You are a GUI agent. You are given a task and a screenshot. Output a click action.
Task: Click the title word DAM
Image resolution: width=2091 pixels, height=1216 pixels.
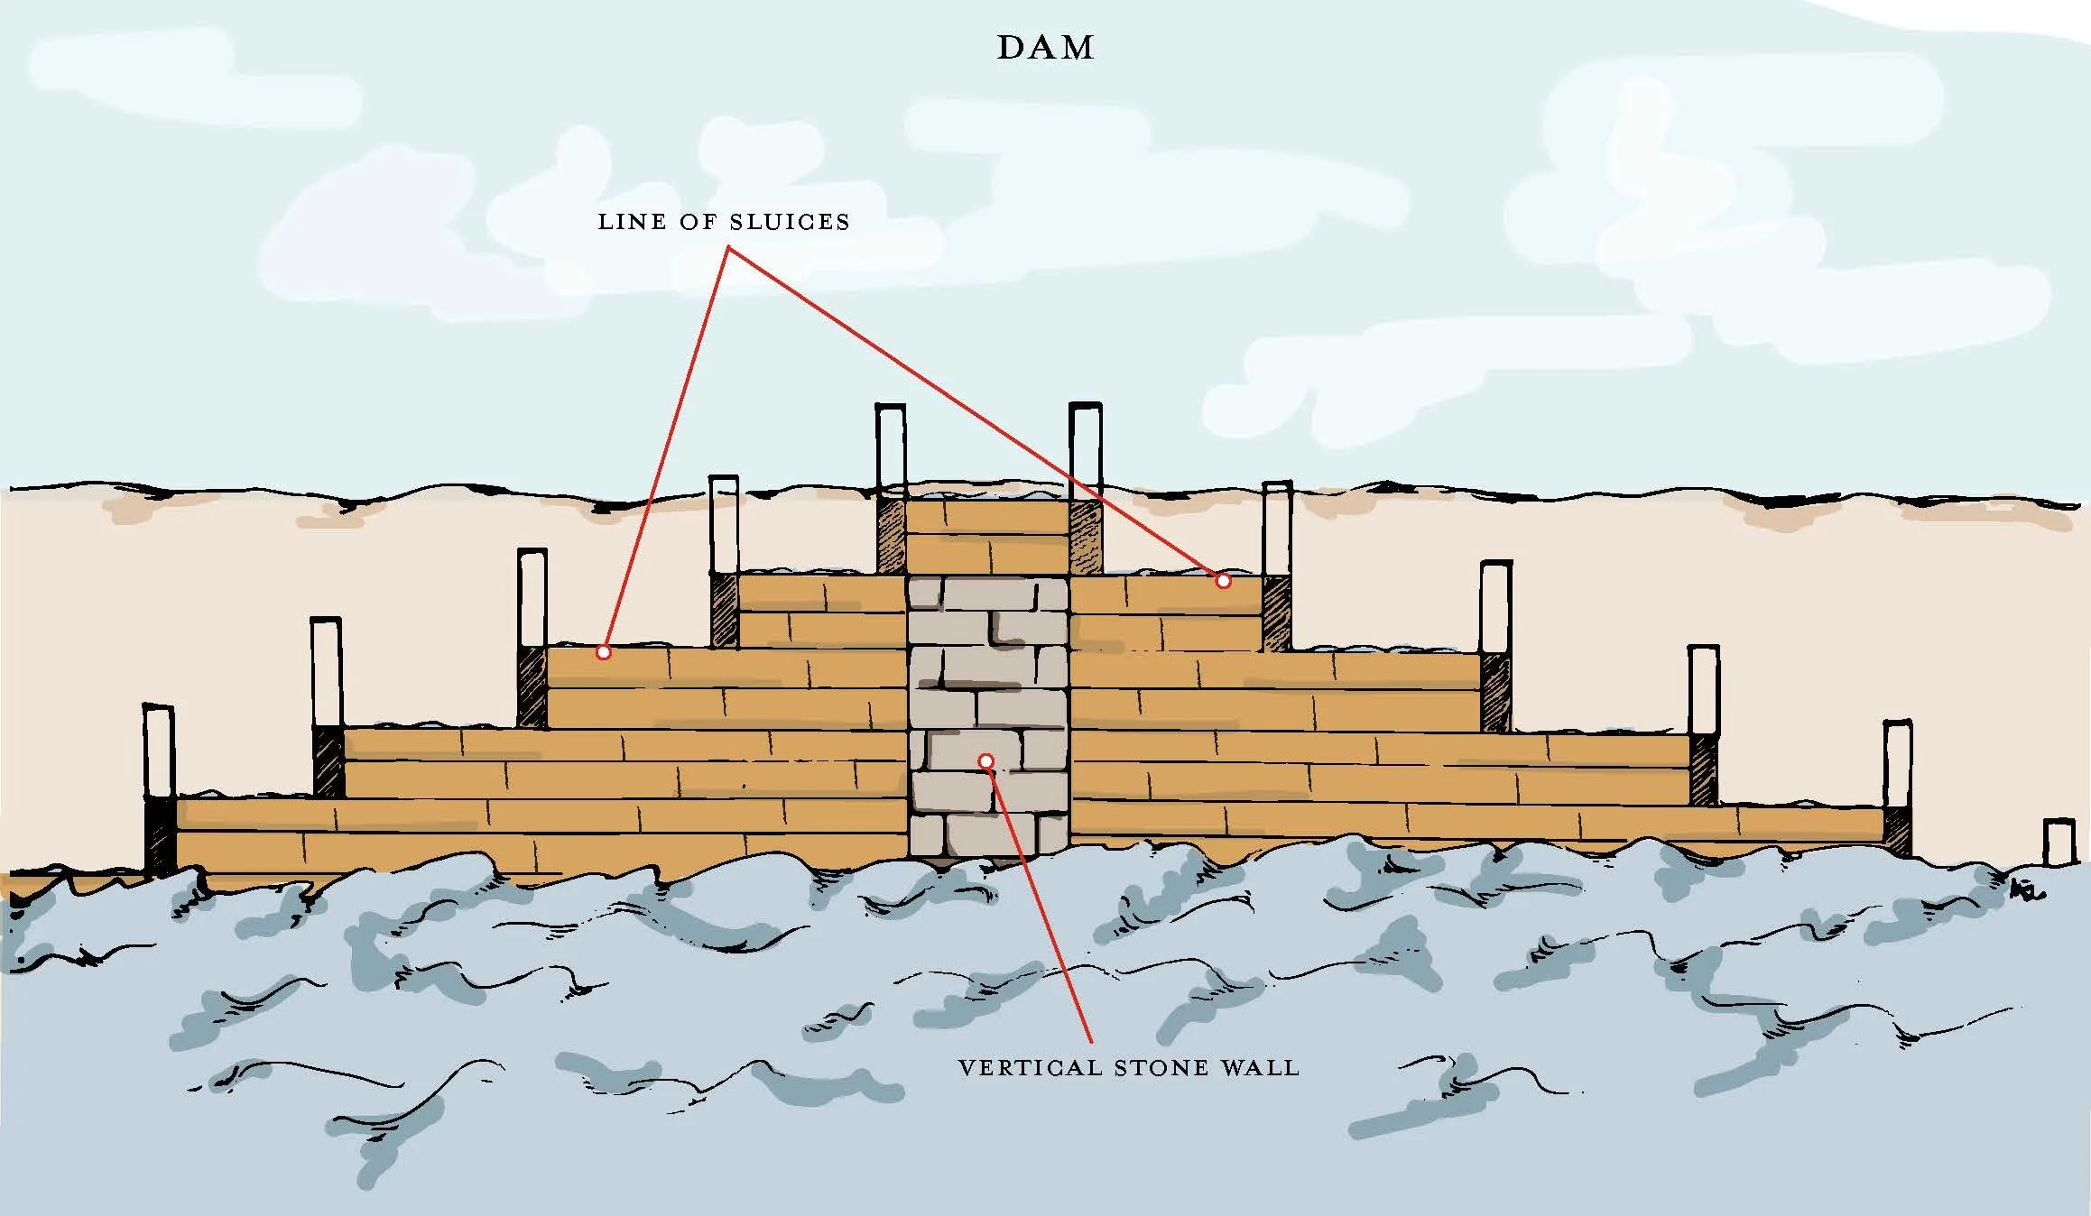pyautogui.click(x=1045, y=48)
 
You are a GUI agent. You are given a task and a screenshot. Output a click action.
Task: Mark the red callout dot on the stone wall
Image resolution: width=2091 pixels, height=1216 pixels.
pyautogui.click(x=986, y=761)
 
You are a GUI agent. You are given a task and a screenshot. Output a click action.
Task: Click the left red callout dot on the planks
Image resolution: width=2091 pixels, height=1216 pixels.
pyautogui.click(x=604, y=651)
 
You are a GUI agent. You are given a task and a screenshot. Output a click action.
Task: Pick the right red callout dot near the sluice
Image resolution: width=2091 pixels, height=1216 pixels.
pyautogui.click(x=1223, y=581)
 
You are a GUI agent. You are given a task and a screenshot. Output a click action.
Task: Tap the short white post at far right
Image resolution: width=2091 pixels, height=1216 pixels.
pyautogui.click(x=2059, y=841)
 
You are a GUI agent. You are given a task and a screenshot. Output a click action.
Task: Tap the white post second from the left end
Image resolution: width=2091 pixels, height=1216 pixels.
pyautogui.click(x=326, y=671)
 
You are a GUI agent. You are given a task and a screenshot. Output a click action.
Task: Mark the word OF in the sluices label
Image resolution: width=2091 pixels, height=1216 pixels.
pyautogui.click(x=694, y=222)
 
